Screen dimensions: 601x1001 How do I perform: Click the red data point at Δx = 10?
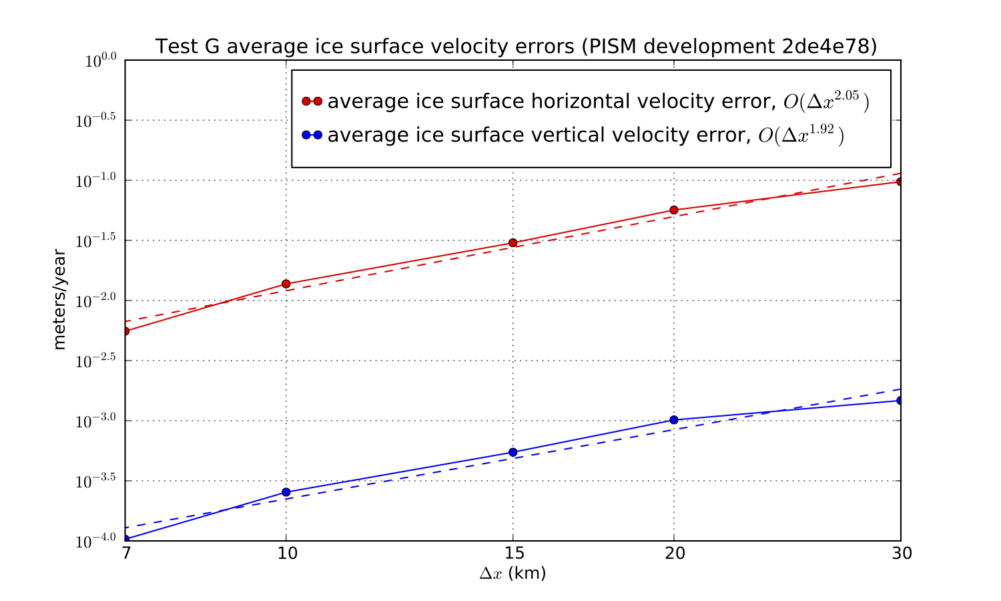point(286,284)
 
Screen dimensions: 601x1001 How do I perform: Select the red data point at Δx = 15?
point(513,242)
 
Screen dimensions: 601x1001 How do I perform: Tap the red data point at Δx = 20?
point(674,210)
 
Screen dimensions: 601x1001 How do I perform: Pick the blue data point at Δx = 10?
point(286,492)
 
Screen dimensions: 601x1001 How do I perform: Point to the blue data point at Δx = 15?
point(513,452)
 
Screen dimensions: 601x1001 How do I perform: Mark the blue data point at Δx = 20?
point(674,420)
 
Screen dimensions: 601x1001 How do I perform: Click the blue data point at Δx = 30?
point(900,400)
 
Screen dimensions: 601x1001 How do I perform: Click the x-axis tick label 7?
point(125,554)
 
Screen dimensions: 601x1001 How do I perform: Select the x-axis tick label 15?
point(513,554)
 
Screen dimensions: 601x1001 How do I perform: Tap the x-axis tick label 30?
point(901,554)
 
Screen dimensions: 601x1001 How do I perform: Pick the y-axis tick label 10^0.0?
point(100,61)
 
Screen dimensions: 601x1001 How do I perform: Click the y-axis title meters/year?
point(60,299)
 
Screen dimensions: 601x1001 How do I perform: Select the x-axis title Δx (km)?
point(513,574)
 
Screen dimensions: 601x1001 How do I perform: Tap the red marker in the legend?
point(312,102)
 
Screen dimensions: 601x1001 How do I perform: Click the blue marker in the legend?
point(312,135)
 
